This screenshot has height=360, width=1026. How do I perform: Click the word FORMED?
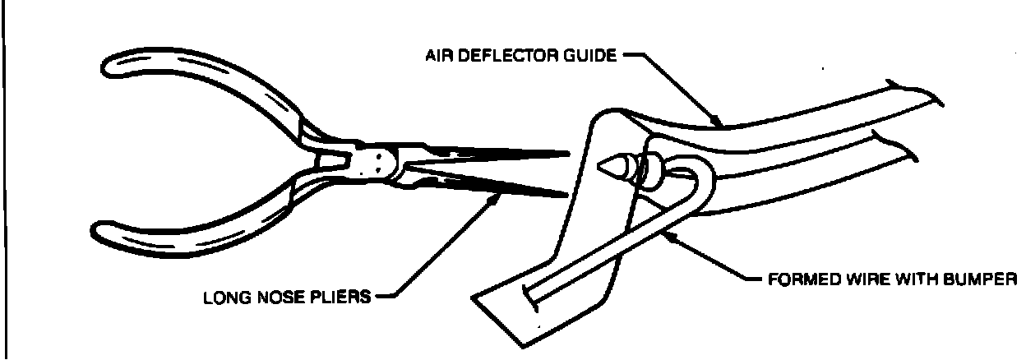click(x=797, y=278)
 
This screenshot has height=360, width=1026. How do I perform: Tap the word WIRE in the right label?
click(x=857, y=278)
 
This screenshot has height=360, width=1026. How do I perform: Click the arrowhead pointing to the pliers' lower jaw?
click(x=497, y=197)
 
